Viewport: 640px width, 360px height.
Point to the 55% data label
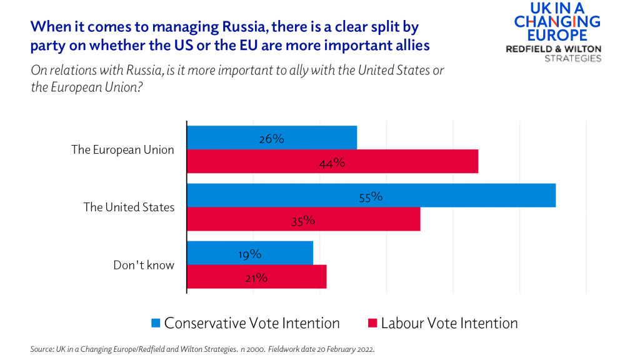click(371, 197)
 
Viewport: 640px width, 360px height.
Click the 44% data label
click(332, 163)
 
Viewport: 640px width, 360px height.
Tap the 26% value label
click(272, 139)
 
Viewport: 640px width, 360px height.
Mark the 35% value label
click(302, 221)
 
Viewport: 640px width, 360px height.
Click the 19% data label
click(249, 254)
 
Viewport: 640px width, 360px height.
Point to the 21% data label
click(256, 278)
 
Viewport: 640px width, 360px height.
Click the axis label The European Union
click(122, 150)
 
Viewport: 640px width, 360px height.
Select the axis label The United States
click(129, 207)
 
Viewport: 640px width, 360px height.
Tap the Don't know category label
click(143, 265)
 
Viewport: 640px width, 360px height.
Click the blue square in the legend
click(156, 323)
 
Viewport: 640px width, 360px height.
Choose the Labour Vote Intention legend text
click(449, 323)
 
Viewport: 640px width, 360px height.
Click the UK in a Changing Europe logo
click(556, 22)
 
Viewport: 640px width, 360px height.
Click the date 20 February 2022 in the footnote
click(343, 349)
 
